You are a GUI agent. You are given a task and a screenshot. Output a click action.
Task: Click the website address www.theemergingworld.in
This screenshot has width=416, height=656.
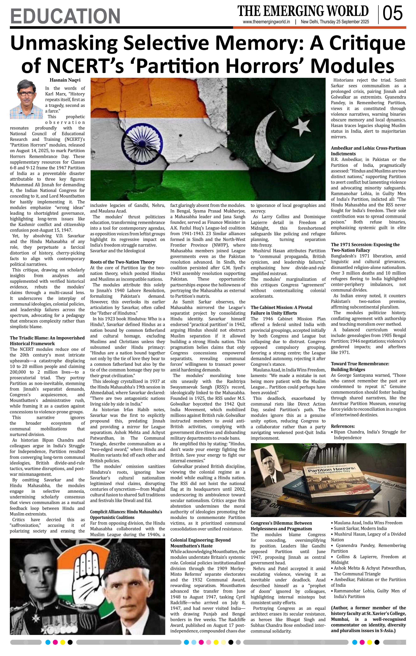[266, 22]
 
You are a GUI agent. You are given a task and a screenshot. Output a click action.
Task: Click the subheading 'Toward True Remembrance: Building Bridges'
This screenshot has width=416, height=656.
[360, 366]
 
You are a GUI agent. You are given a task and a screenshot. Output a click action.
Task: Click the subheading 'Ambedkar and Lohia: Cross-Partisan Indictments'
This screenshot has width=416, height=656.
[368, 151]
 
